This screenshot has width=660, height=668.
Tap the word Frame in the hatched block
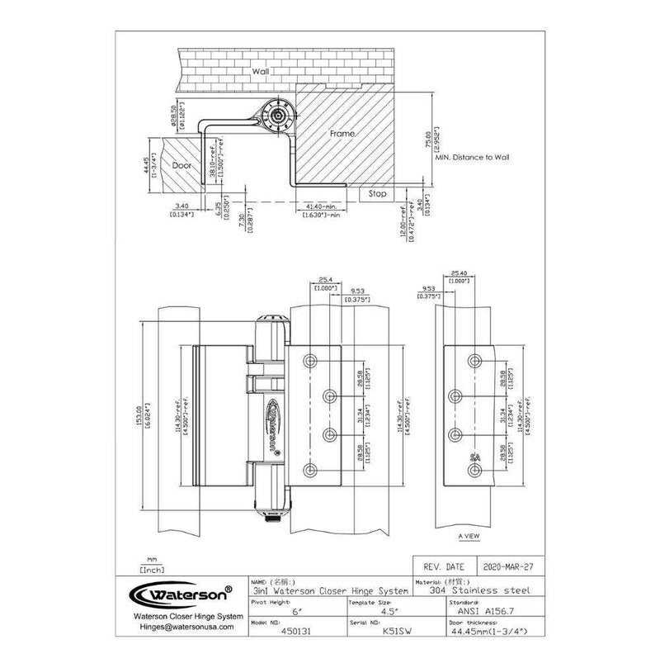tap(342, 133)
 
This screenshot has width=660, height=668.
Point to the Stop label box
tap(377, 194)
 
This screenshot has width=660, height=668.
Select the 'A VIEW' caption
tap(469, 536)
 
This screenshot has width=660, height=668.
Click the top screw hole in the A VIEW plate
tap(475, 360)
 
